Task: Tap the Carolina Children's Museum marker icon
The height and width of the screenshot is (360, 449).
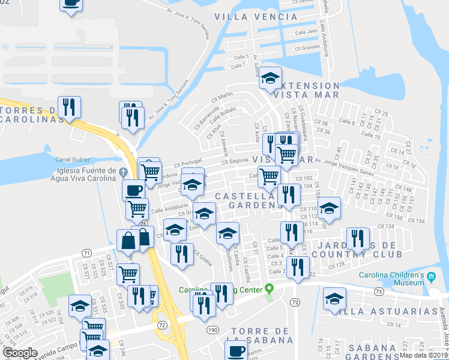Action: [431, 277]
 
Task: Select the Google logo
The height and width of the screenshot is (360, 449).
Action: [20, 353]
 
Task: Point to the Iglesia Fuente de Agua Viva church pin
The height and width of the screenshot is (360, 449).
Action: [124, 172]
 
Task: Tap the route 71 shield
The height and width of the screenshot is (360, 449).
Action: [87, 252]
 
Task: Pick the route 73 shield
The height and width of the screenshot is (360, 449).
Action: [378, 292]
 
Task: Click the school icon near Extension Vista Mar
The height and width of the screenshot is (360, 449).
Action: [270, 78]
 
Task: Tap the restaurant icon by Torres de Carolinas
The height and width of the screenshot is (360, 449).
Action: [69, 107]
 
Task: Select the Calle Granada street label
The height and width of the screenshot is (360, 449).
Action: [307, 48]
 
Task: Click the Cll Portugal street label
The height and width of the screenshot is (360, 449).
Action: [188, 164]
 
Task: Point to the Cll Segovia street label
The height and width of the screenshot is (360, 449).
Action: [235, 161]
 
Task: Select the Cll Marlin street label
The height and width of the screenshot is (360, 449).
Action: [221, 98]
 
